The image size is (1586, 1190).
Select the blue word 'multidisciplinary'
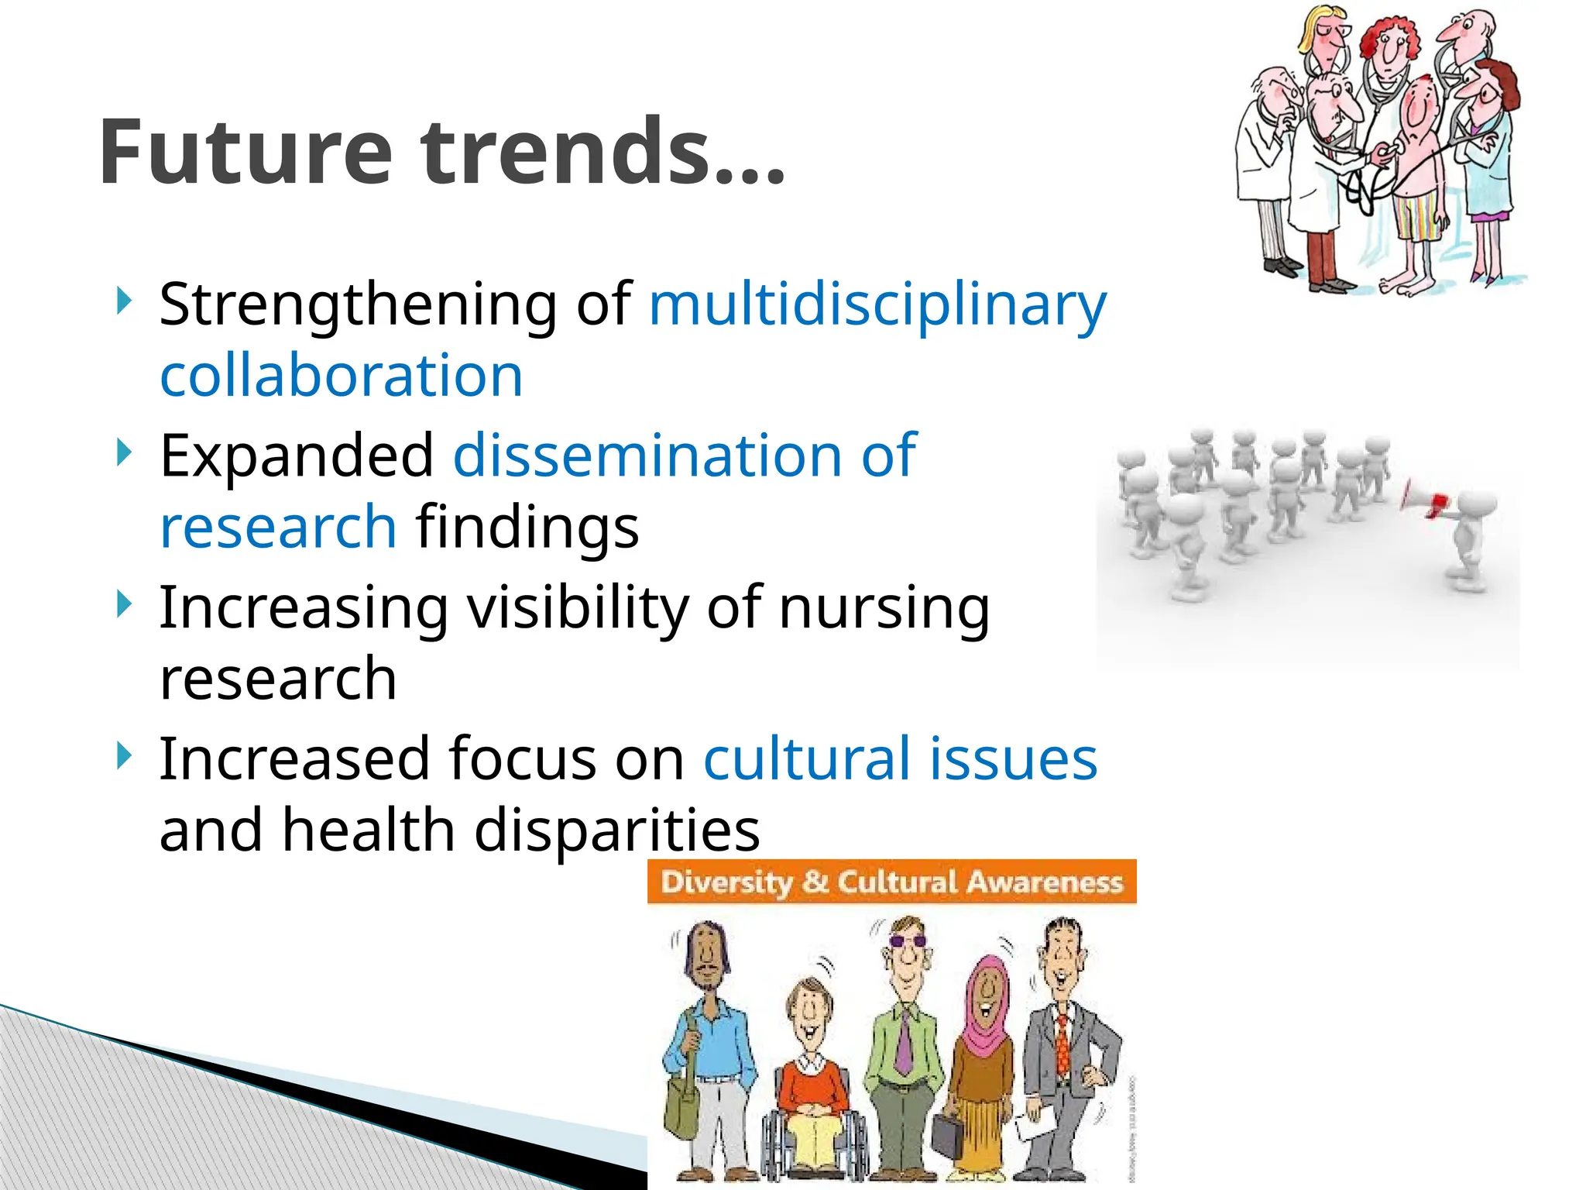(x=877, y=304)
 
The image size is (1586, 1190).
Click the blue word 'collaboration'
(x=342, y=376)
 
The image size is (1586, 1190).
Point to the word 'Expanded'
(x=297, y=456)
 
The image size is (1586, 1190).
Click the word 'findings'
(x=527, y=527)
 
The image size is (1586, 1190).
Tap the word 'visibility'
(x=578, y=607)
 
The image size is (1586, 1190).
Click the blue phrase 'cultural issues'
(x=900, y=758)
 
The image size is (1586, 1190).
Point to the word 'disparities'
(x=616, y=830)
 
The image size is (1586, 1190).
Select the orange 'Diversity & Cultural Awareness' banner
(x=891, y=882)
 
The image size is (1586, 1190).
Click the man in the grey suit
(x=1067, y=1046)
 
